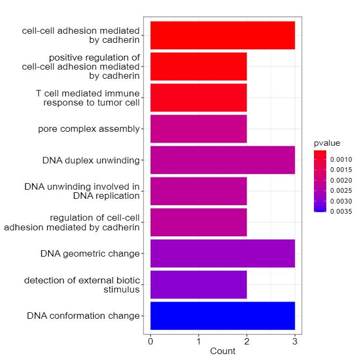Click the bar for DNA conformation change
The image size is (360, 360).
[x=222, y=316]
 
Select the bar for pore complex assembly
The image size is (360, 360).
[x=198, y=129]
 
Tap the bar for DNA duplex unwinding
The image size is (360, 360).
[x=222, y=160]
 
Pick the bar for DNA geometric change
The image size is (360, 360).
[x=222, y=253]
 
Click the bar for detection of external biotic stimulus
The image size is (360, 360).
[x=198, y=284]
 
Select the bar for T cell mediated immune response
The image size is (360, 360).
[x=198, y=97]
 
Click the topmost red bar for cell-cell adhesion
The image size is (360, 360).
[x=222, y=35]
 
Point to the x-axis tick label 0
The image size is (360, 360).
[x=151, y=340]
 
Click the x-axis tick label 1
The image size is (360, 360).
[x=199, y=340]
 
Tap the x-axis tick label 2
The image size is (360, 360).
[x=247, y=340]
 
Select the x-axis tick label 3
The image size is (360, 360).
[x=295, y=340]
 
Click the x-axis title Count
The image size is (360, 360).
[x=222, y=351]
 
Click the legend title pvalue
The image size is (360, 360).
[x=327, y=143]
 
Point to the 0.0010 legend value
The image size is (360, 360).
[x=341, y=160]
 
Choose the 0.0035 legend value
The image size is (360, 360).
[x=341, y=211]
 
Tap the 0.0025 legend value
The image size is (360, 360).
[x=341, y=190]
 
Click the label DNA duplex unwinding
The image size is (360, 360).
[x=91, y=160]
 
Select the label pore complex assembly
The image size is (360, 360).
[x=88, y=129]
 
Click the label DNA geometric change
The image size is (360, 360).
[x=89, y=253]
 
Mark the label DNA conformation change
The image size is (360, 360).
[x=83, y=316]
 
